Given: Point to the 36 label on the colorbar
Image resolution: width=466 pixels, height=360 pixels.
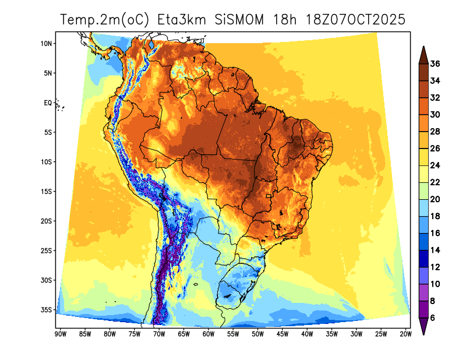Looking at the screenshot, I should (x=435, y=63).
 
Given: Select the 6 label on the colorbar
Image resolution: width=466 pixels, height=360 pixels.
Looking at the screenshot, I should (x=433, y=317).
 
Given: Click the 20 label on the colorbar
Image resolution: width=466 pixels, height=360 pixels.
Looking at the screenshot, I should (x=435, y=199).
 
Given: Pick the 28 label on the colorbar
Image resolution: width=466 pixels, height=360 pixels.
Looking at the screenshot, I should (x=435, y=132).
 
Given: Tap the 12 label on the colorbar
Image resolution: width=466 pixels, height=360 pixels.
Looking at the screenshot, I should (x=435, y=267).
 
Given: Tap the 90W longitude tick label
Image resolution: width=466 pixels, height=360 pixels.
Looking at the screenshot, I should (x=59, y=334).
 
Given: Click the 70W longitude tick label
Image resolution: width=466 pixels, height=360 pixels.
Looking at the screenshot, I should (x=158, y=334).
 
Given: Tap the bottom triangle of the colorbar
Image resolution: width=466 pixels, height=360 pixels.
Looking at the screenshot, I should (x=424, y=329).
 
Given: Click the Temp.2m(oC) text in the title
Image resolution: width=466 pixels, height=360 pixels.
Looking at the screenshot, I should (x=105, y=20).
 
